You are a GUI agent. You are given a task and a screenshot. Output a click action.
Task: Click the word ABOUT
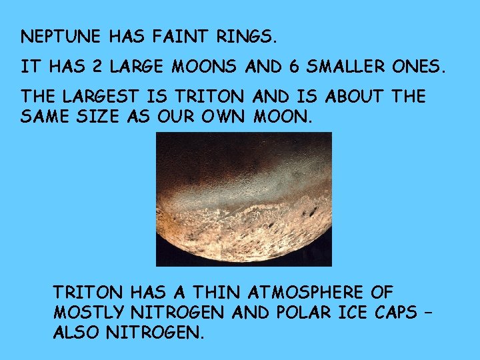(355, 97)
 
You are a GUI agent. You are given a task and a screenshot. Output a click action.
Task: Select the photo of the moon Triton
(243, 198)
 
